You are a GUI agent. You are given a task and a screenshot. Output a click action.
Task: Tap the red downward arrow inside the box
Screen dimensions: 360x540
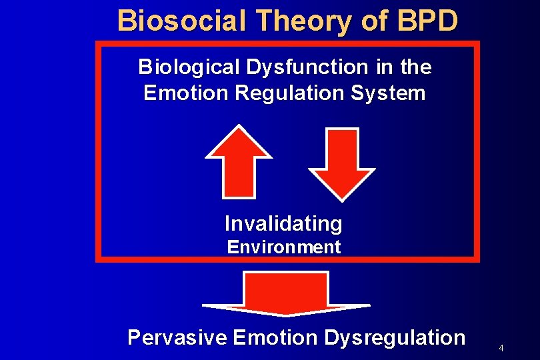[x=343, y=162]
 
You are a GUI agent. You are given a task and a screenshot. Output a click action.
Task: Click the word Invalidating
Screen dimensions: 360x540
[x=283, y=223]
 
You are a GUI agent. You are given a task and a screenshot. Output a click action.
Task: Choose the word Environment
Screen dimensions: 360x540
[x=283, y=247]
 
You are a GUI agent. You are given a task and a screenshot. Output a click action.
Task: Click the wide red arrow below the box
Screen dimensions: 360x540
[x=286, y=293]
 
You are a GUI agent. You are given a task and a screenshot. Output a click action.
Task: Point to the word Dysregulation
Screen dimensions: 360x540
[x=395, y=337]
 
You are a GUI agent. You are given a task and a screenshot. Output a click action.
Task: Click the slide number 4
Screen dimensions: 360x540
[x=501, y=349]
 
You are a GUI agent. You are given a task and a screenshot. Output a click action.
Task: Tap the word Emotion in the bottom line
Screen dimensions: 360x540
[x=275, y=337]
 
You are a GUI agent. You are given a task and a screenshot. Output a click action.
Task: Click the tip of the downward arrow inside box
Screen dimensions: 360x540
[x=343, y=198]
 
